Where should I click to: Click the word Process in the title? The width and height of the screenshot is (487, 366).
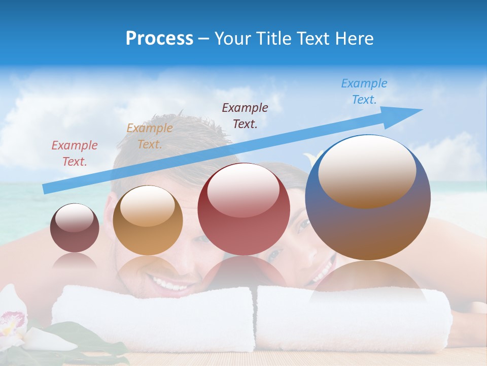click(159, 39)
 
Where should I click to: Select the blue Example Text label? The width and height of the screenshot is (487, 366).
click(364, 91)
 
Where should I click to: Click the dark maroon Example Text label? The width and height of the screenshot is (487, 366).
click(245, 115)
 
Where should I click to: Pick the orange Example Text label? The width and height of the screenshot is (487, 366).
click(150, 136)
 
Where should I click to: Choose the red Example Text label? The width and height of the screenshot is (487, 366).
click(75, 154)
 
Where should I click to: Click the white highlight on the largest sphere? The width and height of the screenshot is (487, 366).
click(367, 170)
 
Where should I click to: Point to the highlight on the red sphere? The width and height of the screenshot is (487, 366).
click(243, 190)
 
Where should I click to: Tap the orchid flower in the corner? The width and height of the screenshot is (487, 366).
click(13, 320)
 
